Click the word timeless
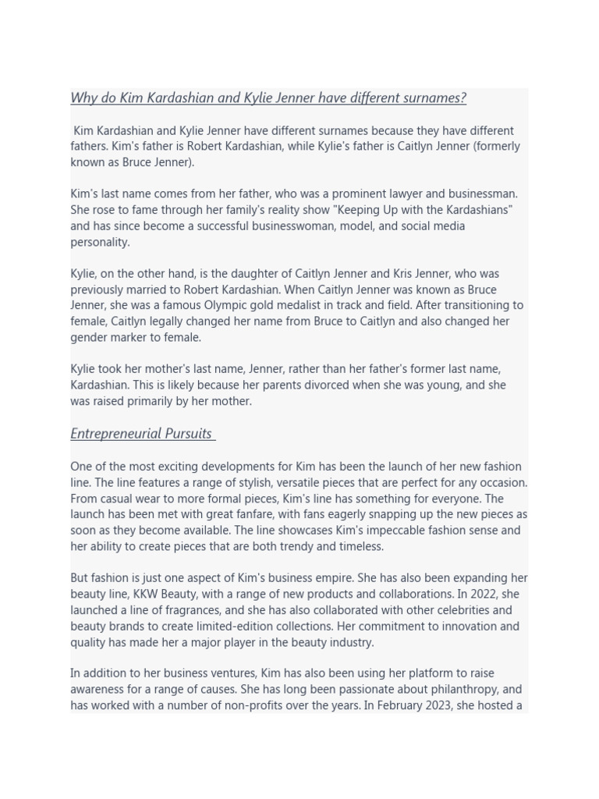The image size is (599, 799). tap(361, 547)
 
